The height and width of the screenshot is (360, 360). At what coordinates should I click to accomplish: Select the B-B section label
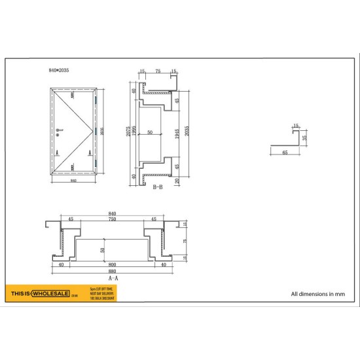(x=157, y=187)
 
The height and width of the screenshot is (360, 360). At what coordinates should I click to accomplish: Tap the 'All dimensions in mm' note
(x=316, y=294)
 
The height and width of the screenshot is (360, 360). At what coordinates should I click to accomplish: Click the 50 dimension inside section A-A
(x=102, y=249)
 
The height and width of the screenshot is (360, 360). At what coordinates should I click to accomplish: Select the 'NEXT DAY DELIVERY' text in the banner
(x=101, y=292)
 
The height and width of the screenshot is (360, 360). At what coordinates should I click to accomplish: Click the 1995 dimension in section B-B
(x=134, y=134)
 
